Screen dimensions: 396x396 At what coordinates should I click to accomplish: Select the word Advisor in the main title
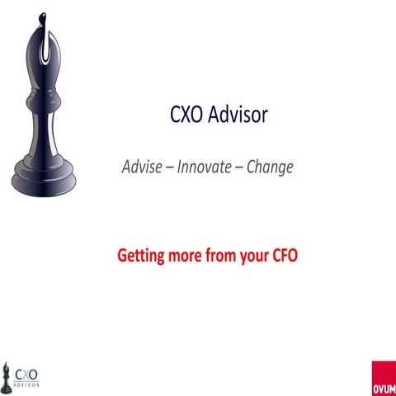tap(230, 116)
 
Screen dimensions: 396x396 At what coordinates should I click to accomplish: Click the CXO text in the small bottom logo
tap(27, 371)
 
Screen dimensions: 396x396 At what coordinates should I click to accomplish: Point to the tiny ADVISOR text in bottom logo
tap(27, 384)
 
